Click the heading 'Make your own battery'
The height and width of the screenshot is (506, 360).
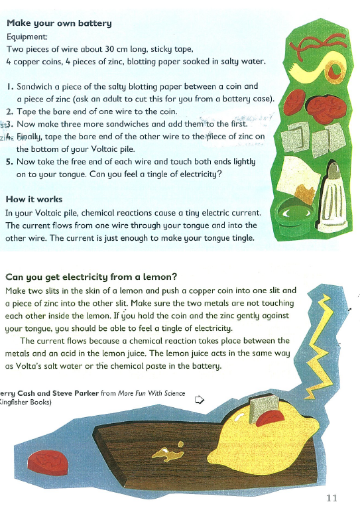click(x=58, y=23)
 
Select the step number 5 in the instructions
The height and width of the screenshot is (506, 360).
click(x=9, y=160)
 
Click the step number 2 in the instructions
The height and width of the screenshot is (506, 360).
click(x=9, y=111)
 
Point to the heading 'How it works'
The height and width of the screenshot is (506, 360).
click(x=34, y=199)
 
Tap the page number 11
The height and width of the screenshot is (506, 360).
click(x=333, y=498)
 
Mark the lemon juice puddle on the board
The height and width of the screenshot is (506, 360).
click(x=165, y=453)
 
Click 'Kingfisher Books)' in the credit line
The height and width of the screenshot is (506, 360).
click(x=27, y=403)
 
